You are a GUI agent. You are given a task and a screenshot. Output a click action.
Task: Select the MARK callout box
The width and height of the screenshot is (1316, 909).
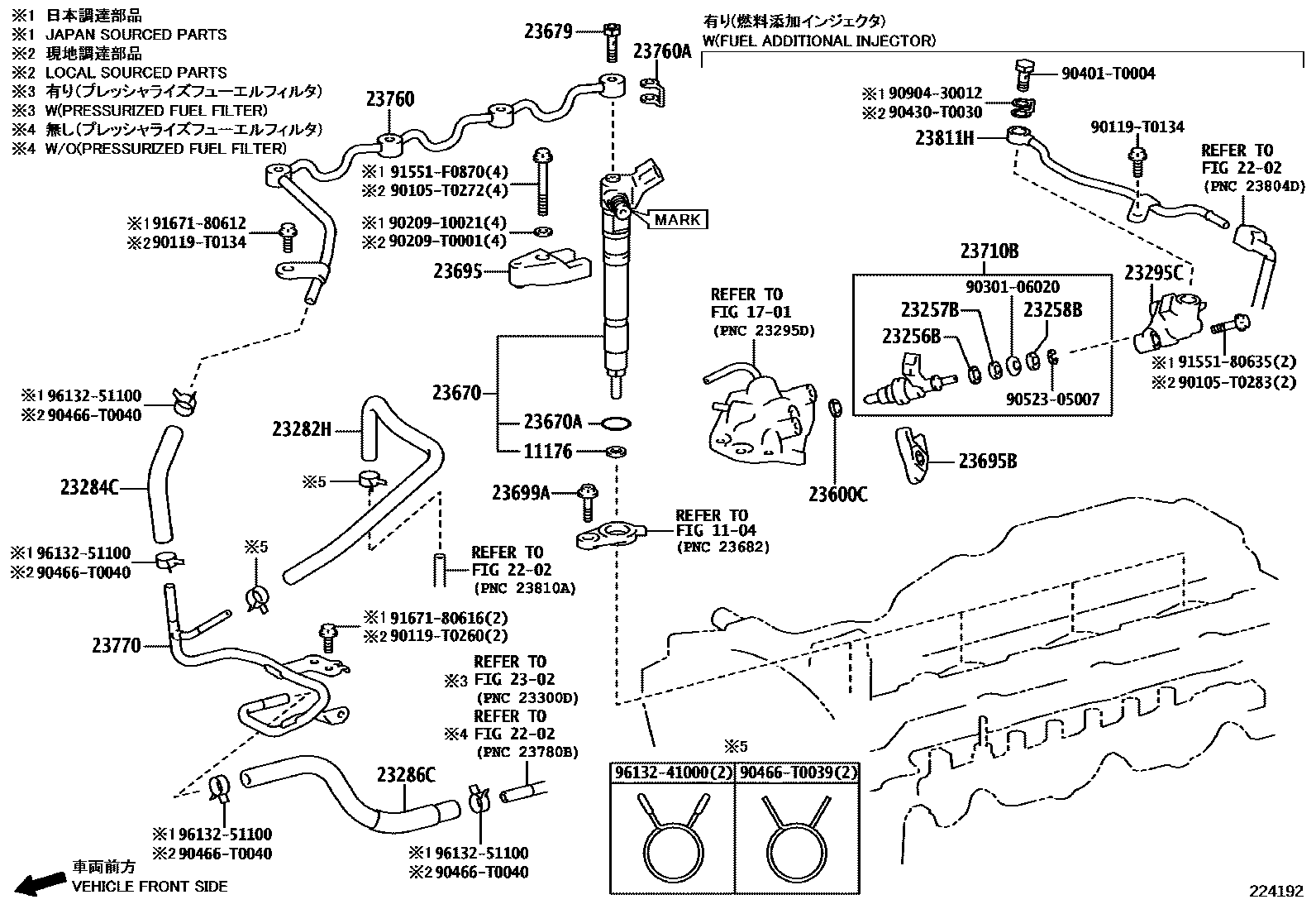(678, 219)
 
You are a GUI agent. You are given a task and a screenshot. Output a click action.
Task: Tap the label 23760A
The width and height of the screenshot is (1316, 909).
(661, 51)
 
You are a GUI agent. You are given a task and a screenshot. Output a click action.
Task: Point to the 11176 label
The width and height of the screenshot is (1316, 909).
(548, 452)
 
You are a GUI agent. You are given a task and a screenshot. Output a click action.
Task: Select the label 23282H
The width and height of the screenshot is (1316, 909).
(302, 428)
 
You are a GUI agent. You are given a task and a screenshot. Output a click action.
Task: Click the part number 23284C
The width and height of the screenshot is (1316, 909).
(89, 487)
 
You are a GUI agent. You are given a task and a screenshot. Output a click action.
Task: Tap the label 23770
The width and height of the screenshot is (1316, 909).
(117, 644)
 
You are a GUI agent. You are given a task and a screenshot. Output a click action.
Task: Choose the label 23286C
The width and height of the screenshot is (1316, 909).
(405, 774)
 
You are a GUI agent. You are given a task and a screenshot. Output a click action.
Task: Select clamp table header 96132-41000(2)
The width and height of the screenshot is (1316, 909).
(672, 773)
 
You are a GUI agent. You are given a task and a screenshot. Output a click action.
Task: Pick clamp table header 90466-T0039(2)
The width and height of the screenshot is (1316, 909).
(798, 773)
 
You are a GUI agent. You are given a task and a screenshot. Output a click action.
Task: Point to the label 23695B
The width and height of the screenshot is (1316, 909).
(987, 462)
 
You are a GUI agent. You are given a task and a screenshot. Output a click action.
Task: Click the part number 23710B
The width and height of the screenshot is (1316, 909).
(989, 251)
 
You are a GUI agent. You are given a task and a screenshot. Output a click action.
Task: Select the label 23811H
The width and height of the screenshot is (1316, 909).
(944, 138)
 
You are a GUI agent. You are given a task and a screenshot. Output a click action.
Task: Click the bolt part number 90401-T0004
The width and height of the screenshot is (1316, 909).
(1108, 73)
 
